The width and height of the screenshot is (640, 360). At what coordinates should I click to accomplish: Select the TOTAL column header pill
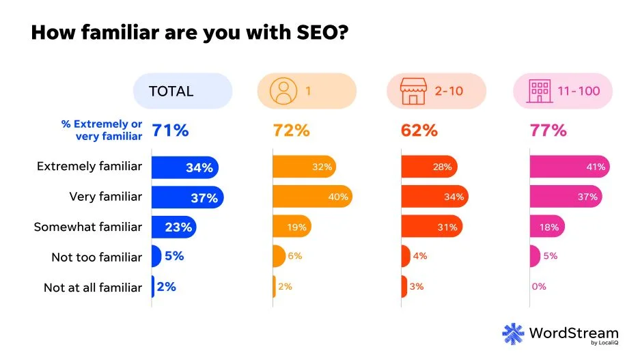tap(182, 91)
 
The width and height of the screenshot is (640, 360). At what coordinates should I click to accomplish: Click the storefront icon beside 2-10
tap(411, 91)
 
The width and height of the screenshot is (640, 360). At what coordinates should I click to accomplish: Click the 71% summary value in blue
tap(170, 130)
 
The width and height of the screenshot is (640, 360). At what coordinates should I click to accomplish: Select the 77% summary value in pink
tap(548, 130)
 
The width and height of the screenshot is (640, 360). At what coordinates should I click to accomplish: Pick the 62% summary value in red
tap(419, 130)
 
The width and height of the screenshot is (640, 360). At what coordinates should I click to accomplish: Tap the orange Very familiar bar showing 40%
tap(312, 197)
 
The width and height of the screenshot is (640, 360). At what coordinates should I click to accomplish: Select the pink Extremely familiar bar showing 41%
tap(570, 167)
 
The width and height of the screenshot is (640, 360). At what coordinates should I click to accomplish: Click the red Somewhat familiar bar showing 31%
tap(431, 227)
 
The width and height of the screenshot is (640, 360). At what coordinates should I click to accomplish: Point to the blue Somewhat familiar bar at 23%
tap(173, 227)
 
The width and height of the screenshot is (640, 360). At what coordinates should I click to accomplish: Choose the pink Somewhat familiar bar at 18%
tap(547, 227)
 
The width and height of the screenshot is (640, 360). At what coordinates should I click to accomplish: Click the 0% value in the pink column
tap(539, 287)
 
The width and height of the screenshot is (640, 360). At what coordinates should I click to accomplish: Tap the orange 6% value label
tap(294, 256)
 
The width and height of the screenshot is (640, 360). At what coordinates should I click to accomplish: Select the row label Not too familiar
tap(96, 258)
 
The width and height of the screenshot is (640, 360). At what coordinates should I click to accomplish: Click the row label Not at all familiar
tap(93, 288)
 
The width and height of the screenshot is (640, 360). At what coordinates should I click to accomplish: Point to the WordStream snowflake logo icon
tap(513, 333)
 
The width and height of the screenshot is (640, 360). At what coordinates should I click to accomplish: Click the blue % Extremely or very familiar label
tap(102, 130)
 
